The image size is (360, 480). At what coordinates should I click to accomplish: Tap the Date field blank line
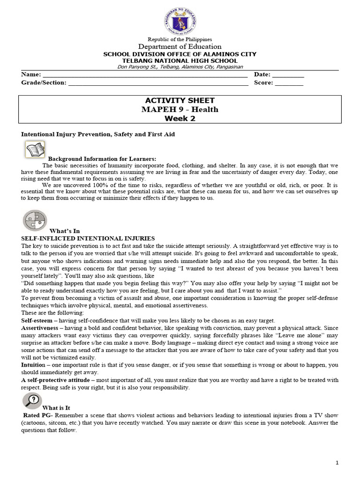(x=288, y=76)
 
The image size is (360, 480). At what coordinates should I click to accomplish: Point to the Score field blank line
(x=289, y=84)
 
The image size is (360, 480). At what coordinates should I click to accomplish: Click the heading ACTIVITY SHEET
(x=180, y=101)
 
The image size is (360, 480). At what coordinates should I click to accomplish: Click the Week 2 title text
(x=180, y=118)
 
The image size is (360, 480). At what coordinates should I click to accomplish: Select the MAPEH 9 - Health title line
(x=180, y=110)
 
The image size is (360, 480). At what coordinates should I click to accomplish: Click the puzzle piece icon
(x=35, y=221)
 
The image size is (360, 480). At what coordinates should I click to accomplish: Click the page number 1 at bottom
(x=337, y=463)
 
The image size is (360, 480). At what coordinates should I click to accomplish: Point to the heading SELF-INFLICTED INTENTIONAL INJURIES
(x=88, y=239)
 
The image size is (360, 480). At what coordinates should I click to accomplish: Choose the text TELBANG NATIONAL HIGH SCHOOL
(x=180, y=61)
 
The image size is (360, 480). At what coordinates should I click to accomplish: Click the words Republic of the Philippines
(x=180, y=39)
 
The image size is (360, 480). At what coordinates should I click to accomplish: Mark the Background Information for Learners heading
(x=102, y=158)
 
